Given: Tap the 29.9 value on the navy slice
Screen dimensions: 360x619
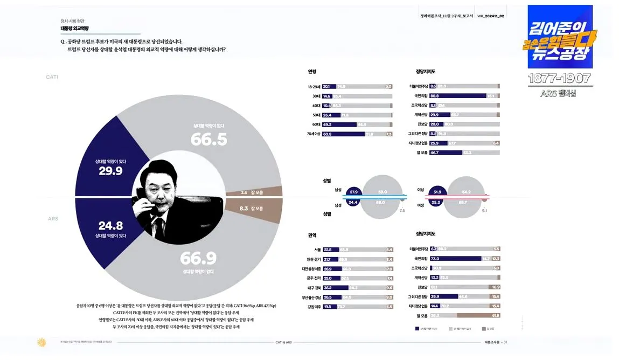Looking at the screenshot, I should click(x=110, y=171).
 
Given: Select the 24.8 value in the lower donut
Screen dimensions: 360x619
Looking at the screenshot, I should click(x=112, y=226).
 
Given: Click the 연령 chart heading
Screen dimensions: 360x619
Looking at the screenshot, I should click(x=312, y=72).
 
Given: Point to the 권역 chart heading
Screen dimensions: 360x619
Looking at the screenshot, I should click(x=312, y=235).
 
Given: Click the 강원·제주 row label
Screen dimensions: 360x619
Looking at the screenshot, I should click(x=314, y=306).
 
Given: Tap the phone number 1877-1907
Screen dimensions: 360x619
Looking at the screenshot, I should click(x=560, y=78).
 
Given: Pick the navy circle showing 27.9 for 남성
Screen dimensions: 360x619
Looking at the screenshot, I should click(x=354, y=191).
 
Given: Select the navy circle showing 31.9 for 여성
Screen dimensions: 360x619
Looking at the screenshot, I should click(x=437, y=191).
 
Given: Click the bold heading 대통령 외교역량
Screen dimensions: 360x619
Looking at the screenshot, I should click(x=75, y=28).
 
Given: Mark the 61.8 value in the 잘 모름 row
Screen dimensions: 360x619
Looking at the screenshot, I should click(x=496, y=315).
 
